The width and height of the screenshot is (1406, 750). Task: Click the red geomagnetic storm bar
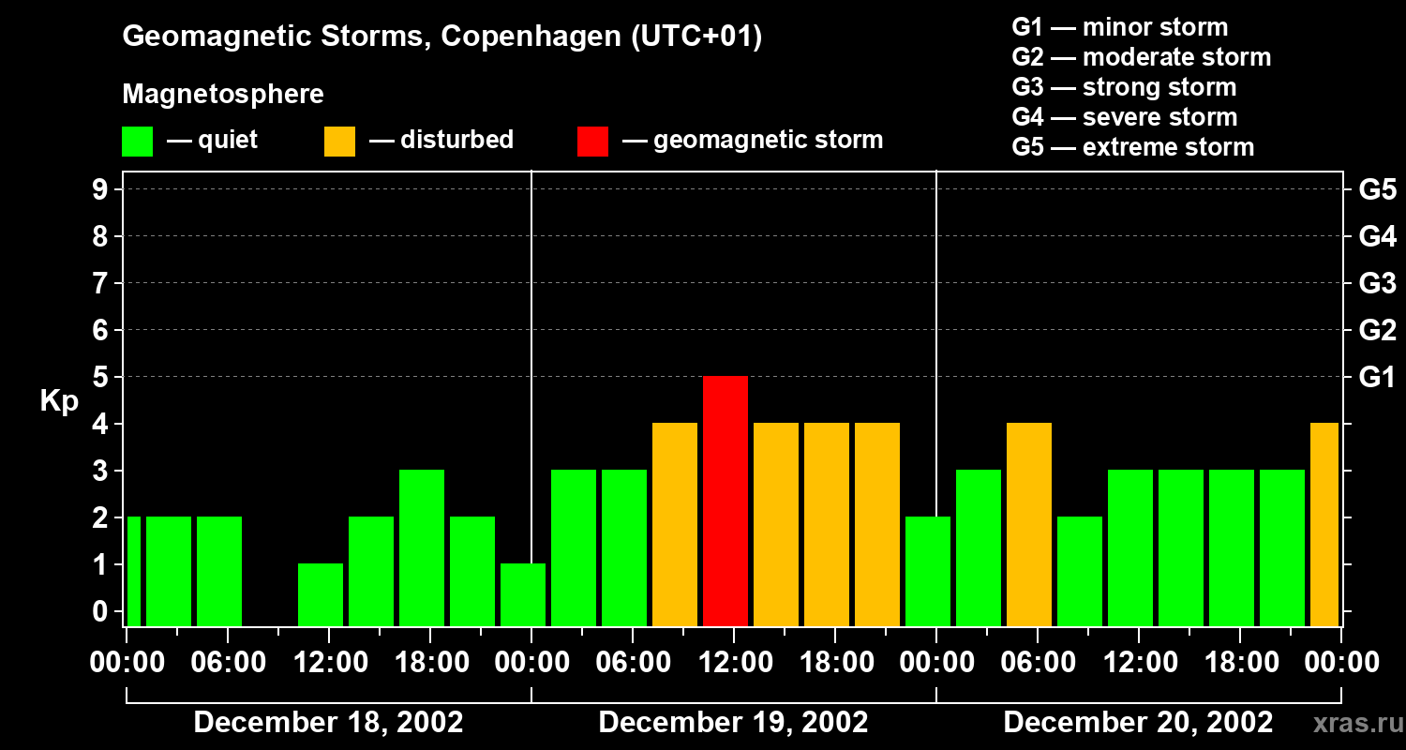pos(725,501)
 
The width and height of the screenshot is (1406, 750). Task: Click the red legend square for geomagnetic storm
pos(592,141)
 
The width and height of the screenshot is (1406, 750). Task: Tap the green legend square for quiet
pos(138,141)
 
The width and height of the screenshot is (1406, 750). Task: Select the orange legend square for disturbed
pos(339,141)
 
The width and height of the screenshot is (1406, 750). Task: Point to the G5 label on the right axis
pos(1377,190)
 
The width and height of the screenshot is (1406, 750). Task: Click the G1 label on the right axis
pos(1377,378)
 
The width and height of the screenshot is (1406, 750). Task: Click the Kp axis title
pos(59,401)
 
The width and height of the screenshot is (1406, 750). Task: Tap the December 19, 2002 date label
pos(733,723)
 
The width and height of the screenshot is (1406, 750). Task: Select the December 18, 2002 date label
pos(328,723)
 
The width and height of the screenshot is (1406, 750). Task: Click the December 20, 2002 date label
pos(1138,723)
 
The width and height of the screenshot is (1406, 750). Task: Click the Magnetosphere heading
pos(223,95)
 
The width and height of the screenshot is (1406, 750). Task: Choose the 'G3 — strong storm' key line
pos(1124,87)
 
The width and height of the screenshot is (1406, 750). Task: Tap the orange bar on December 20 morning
pos(1029,524)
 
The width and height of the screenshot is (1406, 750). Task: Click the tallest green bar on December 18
pos(422,547)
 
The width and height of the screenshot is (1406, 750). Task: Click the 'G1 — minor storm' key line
pos(1119,27)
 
